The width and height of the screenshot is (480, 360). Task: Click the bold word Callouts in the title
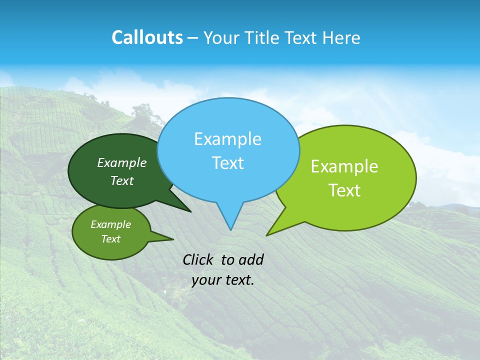click(x=147, y=37)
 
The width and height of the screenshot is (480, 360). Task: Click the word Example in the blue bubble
click(x=227, y=139)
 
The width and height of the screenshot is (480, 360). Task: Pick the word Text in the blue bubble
click(x=227, y=163)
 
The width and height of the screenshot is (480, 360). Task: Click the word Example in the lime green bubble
click(x=344, y=166)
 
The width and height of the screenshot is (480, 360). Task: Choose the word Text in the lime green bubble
click(x=344, y=190)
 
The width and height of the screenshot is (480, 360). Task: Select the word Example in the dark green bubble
click(x=122, y=163)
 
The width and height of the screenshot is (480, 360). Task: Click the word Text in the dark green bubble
click(x=122, y=181)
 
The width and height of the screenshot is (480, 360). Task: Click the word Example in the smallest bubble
click(x=110, y=224)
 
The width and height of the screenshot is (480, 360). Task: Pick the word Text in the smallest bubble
click(x=110, y=239)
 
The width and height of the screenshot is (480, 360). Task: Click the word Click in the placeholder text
click(x=198, y=259)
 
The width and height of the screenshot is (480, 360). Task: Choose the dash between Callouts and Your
click(x=193, y=38)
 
